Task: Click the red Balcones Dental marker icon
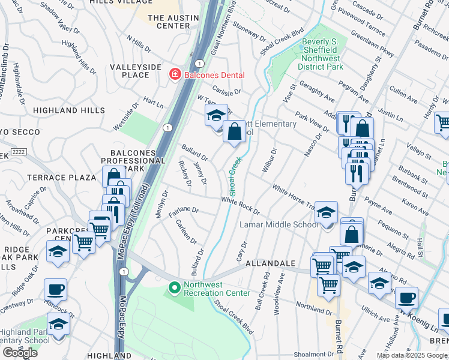[175, 75]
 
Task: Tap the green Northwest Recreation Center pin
[175, 289]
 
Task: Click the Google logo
[20, 352]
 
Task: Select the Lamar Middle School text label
[279, 224]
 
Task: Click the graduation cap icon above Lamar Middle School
[326, 214]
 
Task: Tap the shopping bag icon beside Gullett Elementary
[235, 131]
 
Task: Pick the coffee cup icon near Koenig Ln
[406, 298]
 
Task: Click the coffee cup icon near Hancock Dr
[56, 290]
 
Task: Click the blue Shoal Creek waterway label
[234, 176]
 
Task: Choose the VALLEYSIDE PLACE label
[135, 71]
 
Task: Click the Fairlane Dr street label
[183, 210]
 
